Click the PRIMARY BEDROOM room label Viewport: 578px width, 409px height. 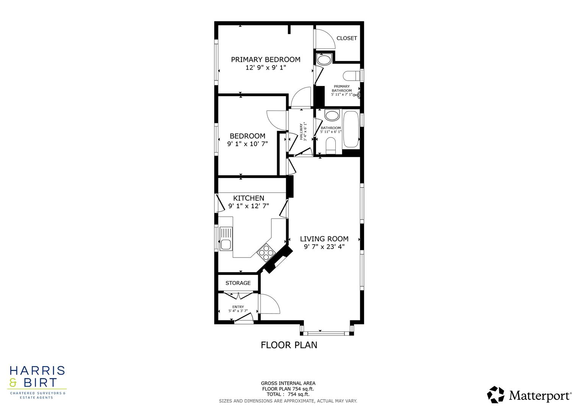(265, 59)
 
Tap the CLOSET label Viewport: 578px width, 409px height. (346, 38)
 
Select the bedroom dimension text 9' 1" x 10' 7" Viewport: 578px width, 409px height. (247, 144)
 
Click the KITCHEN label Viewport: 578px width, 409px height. (248, 198)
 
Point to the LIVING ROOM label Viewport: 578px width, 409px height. (324, 239)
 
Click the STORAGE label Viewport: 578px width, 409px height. (238, 283)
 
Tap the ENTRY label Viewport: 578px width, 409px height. (238, 307)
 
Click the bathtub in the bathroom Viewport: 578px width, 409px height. (351, 129)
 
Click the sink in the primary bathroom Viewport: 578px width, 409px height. (324, 59)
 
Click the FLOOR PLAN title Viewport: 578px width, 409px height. (289, 345)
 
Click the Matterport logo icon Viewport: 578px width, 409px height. (495, 395)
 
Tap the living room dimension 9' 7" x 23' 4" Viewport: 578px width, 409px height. (324, 247)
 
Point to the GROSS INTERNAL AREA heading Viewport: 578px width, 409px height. (288, 383)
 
